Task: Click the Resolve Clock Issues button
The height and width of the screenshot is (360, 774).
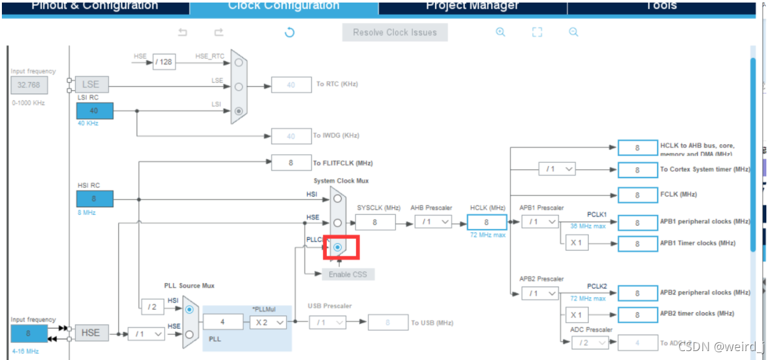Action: [x=394, y=32]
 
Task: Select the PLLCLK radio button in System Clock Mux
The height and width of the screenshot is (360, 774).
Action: [x=338, y=247]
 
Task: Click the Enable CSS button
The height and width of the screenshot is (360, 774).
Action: [x=348, y=274]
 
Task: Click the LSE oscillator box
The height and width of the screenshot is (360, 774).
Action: [x=91, y=85]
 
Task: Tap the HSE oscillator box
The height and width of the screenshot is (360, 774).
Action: [x=91, y=333]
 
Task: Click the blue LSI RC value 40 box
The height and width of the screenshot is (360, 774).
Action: [x=95, y=111]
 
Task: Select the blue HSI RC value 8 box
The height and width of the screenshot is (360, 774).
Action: [x=95, y=199]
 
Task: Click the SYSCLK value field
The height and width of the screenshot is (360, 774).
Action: [x=375, y=222]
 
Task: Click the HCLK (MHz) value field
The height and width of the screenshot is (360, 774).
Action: [x=487, y=222]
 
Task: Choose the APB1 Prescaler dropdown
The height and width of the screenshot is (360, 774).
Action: [x=539, y=222]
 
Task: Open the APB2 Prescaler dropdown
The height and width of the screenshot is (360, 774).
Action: [x=539, y=293]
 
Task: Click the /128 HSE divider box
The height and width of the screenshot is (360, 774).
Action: [x=164, y=62]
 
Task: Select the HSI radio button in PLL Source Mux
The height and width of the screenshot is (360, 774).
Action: [x=189, y=310]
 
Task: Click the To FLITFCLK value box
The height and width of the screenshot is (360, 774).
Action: [x=291, y=163]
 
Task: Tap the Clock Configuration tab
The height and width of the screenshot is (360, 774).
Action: [x=284, y=6]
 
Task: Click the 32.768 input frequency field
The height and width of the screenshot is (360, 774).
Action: [x=29, y=85]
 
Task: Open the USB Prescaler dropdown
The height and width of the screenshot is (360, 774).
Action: [x=328, y=322]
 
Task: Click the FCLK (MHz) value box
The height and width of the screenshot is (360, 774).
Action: [x=637, y=195]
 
